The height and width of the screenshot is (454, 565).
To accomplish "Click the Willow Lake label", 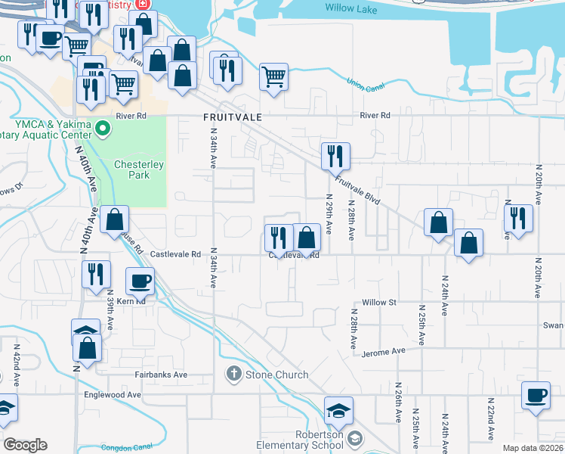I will click(x=351, y=8).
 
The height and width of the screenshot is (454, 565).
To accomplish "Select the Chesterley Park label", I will click(x=132, y=170).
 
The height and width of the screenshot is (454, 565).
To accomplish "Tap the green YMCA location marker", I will click(x=104, y=129).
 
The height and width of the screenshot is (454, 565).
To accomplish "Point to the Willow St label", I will click(x=379, y=302).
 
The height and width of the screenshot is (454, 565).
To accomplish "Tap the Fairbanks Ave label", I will click(x=161, y=375).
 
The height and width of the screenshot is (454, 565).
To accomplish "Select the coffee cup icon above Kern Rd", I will click(x=140, y=281).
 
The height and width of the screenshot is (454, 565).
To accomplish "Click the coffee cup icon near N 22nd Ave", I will click(x=536, y=395).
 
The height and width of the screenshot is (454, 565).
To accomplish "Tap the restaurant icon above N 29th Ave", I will click(x=335, y=156).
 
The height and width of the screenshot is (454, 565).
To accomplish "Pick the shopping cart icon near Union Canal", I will click(x=273, y=76).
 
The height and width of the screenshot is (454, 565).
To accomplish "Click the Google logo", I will click(x=26, y=445).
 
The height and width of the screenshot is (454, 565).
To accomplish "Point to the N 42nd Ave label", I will click(x=15, y=366).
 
